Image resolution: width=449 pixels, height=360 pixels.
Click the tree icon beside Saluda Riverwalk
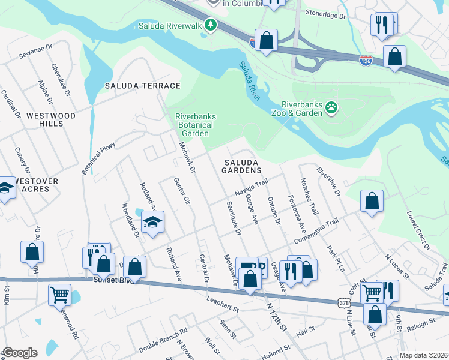[210, 25]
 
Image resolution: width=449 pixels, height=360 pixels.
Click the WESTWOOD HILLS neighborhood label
[50, 119]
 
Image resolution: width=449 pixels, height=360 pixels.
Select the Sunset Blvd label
[113, 280]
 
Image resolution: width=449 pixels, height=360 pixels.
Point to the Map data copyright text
[423, 355]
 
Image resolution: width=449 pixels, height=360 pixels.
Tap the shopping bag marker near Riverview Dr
[372, 202]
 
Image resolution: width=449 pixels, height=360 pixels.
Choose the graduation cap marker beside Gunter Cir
[153, 223]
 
